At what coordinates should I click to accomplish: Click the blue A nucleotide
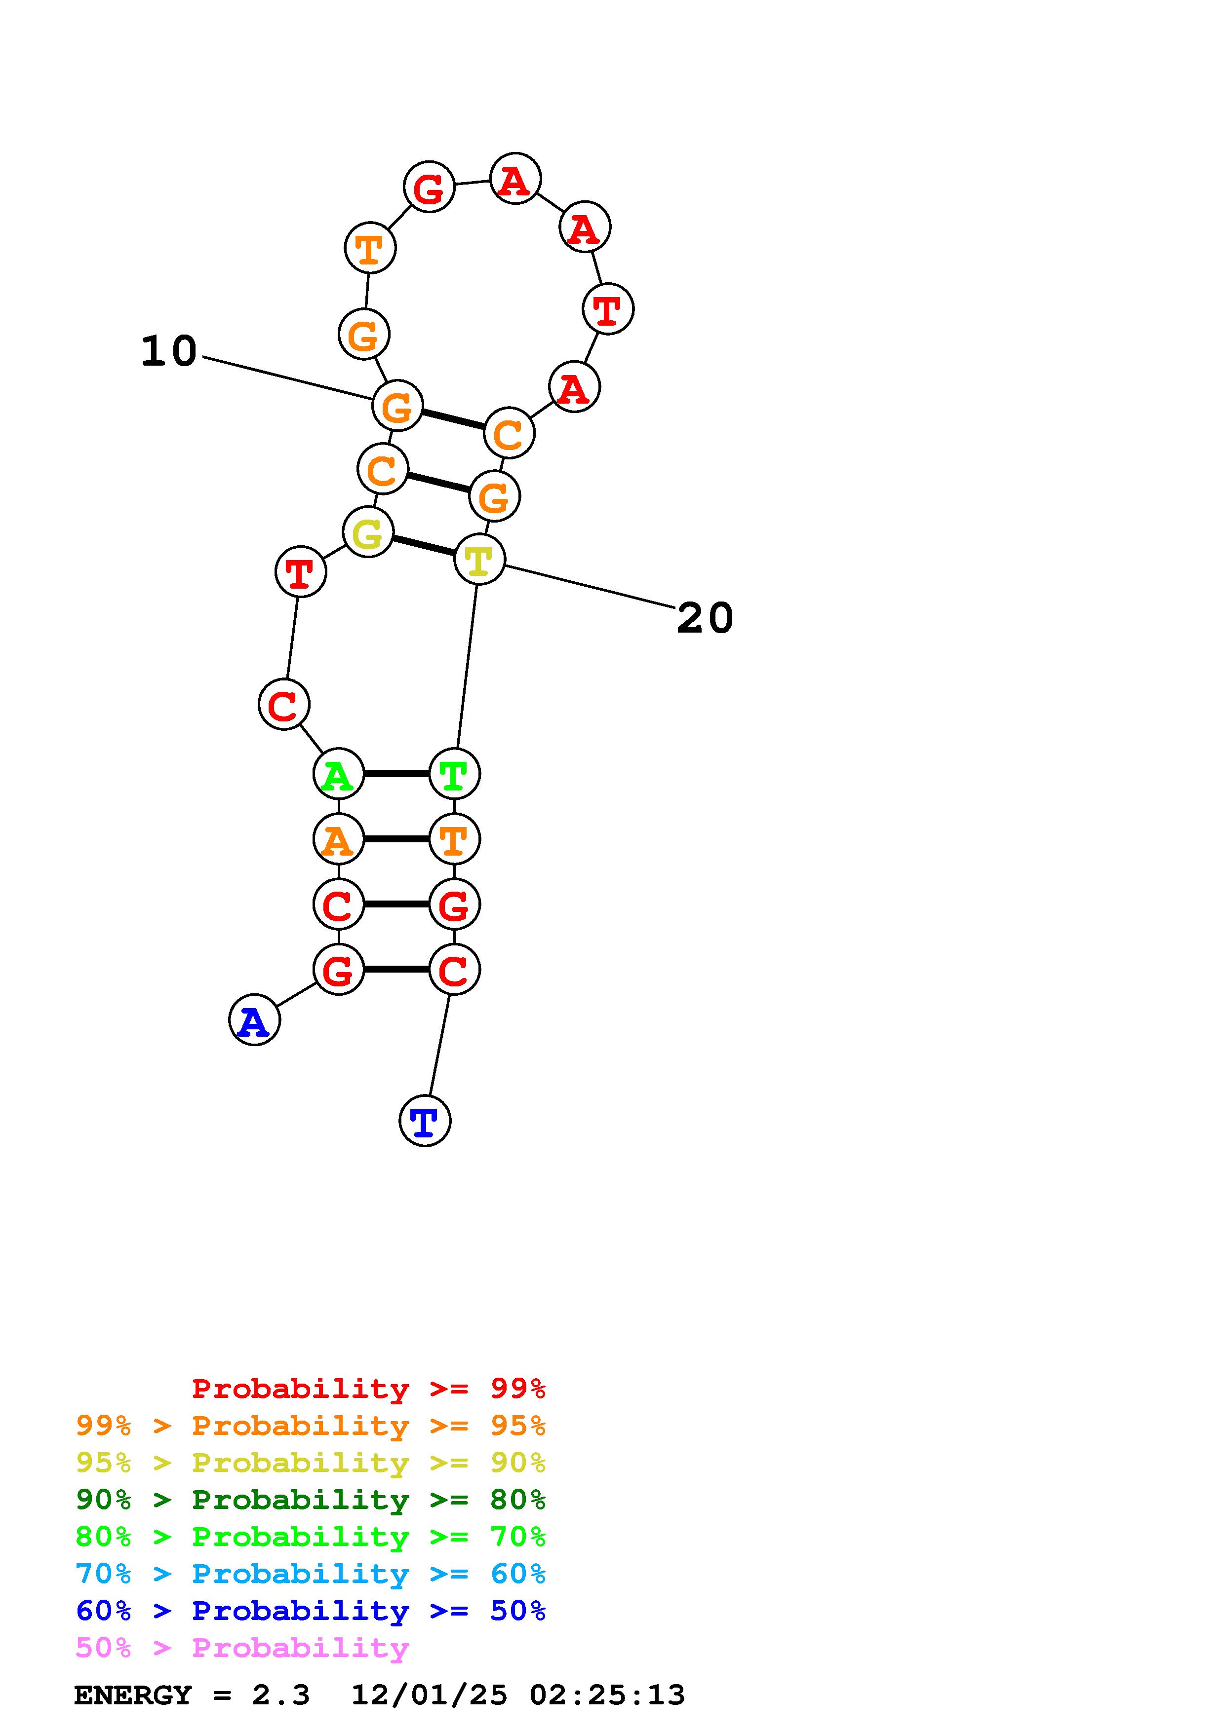(x=254, y=1019)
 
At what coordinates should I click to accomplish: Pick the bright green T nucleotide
(x=454, y=774)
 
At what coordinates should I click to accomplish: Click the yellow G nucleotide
(x=368, y=532)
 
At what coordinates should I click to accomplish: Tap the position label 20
(x=705, y=618)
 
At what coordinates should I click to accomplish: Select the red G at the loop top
(x=429, y=187)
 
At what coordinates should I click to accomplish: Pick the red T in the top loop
(x=608, y=308)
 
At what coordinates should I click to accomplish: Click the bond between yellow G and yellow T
(x=424, y=546)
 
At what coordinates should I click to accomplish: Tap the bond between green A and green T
(x=396, y=774)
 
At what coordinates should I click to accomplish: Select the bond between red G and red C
(x=396, y=969)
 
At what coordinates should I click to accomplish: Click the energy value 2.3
(x=280, y=1695)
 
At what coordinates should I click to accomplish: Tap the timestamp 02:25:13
(x=607, y=1695)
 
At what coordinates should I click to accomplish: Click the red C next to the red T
(x=283, y=704)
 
